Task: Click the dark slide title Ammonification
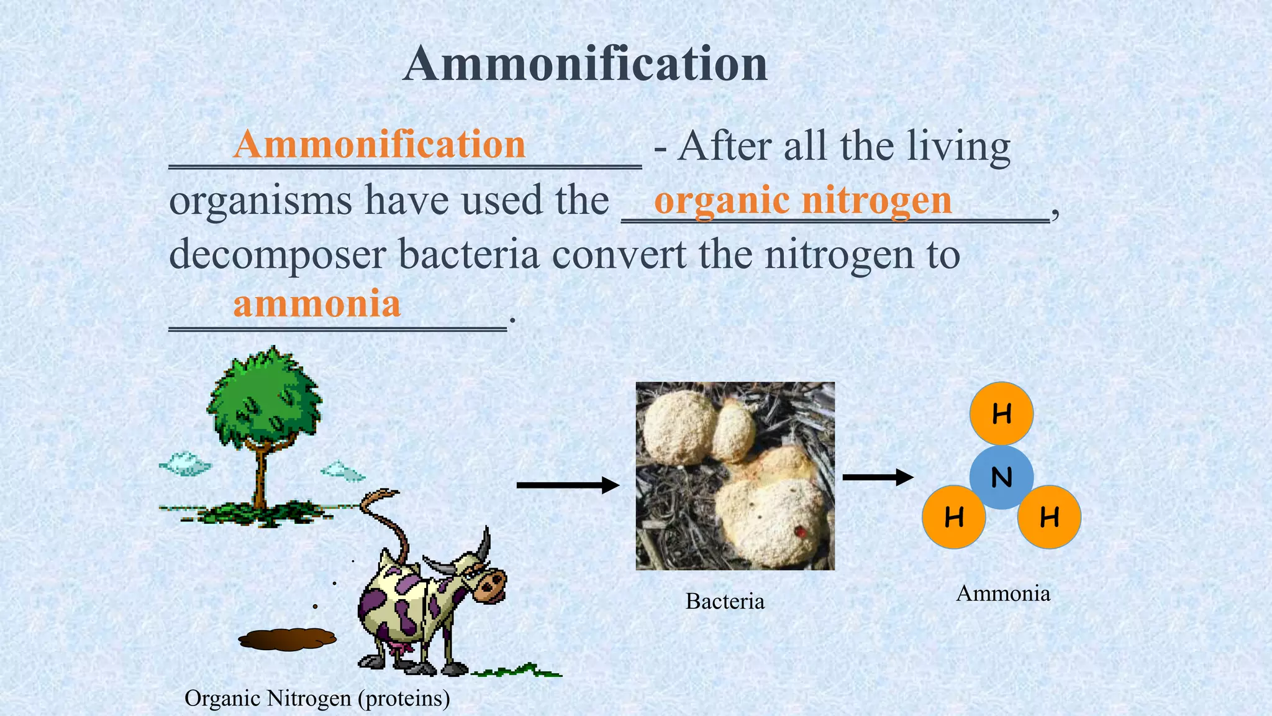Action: click(x=585, y=63)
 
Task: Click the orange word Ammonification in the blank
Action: click(x=379, y=144)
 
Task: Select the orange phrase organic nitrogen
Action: click(x=802, y=200)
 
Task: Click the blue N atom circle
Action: click(x=1001, y=477)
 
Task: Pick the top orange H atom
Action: click(x=1001, y=413)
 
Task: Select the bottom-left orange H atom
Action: click(x=953, y=516)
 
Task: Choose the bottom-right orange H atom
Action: click(x=1049, y=516)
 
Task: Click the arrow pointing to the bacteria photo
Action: click(x=568, y=485)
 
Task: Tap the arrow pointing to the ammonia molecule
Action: click(x=877, y=477)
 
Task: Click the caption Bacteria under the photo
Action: click(x=725, y=601)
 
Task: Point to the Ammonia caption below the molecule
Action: click(x=1003, y=593)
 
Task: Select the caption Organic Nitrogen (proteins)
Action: click(x=317, y=698)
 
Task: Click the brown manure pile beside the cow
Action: click(x=287, y=639)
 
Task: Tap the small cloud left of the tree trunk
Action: click(x=185, y=464)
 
